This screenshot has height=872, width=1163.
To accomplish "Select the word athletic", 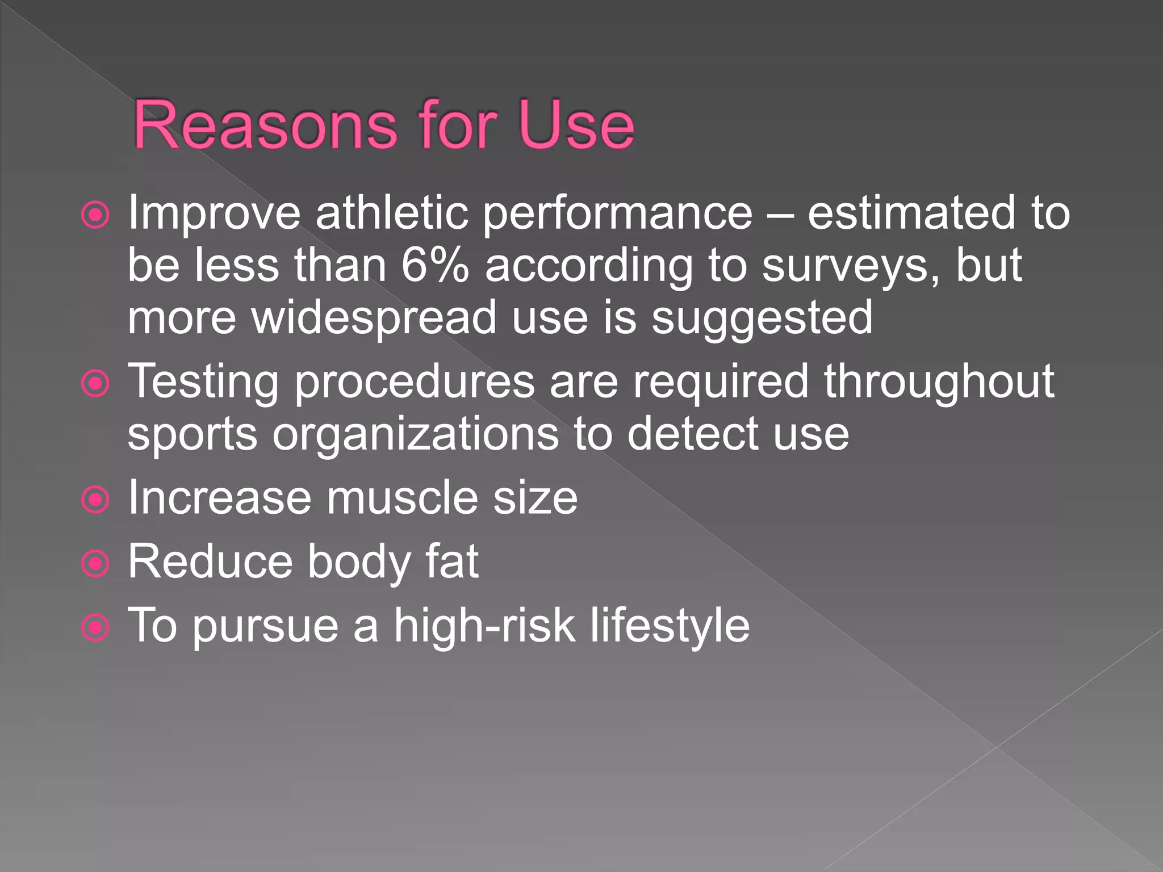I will (x=392, y=213).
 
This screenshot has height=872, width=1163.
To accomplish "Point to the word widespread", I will (x=374, y=318).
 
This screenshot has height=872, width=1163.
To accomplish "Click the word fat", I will (x=452, y=561).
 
